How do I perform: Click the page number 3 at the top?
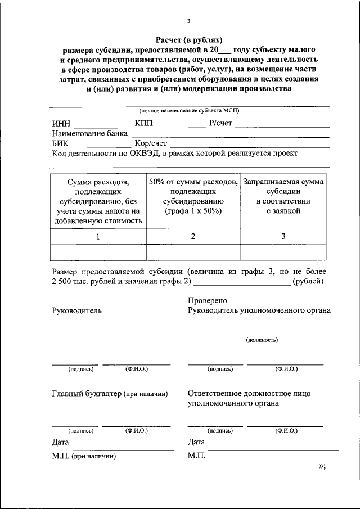point(189,21)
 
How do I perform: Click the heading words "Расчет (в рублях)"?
point(189,39)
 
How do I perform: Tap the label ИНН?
point(61,123)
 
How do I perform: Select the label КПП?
point(144,123)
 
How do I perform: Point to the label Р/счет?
point(220,123)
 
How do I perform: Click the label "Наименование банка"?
point(90,133)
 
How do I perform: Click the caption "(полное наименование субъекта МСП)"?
point(189,111)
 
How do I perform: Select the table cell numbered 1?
point(98,236)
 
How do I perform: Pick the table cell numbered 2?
point(193,236)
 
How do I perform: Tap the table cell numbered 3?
point(283,236)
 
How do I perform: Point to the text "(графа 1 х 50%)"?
point(193,211)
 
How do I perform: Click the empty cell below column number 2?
point(193,253)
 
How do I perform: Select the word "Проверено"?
point(208,301)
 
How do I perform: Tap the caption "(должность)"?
point(262,340)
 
